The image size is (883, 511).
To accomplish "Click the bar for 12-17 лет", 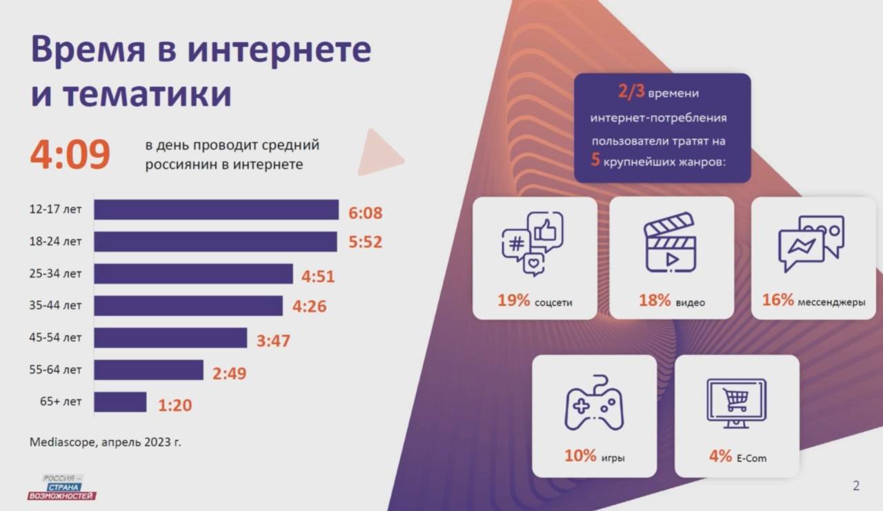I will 216,210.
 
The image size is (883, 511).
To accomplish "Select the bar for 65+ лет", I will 120,402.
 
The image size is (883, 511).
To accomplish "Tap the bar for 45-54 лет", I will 170,338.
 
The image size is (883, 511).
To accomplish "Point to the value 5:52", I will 365,243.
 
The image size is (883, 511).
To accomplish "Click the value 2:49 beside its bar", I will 229,374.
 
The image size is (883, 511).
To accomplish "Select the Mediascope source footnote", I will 105,441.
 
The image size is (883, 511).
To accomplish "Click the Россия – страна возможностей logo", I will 62,487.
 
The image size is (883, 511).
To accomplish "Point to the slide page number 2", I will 856,485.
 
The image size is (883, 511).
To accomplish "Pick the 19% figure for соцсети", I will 513,301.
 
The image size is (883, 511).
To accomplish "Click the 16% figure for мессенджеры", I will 777,301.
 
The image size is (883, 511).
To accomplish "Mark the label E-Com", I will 751,458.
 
